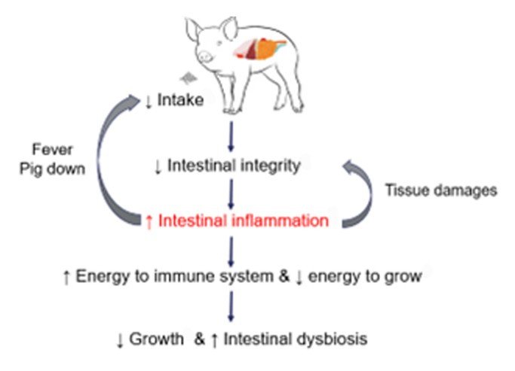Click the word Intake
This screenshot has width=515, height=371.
tap(181, 99)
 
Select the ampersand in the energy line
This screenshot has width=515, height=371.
tap(284, 278)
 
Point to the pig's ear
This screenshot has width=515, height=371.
tap(194, 30)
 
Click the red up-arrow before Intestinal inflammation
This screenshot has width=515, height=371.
tap(149, 221)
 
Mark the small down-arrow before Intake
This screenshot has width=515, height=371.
tap(148, 99)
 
